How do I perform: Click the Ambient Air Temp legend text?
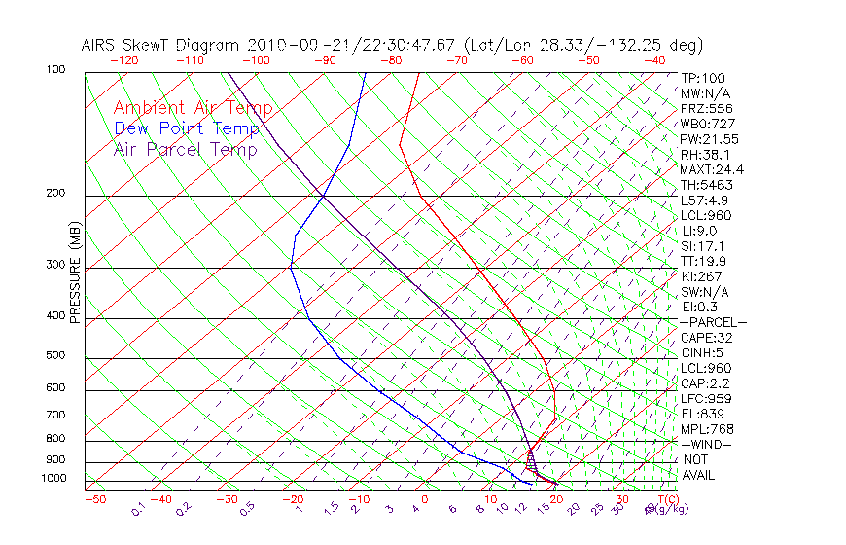193,109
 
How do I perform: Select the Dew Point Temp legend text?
187,129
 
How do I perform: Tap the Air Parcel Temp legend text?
185,150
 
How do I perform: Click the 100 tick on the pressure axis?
54,70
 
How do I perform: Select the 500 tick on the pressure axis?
54,356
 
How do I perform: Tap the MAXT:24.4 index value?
713,170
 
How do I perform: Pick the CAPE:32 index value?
706,338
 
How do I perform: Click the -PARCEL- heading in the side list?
713,322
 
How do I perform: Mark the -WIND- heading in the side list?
706,444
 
